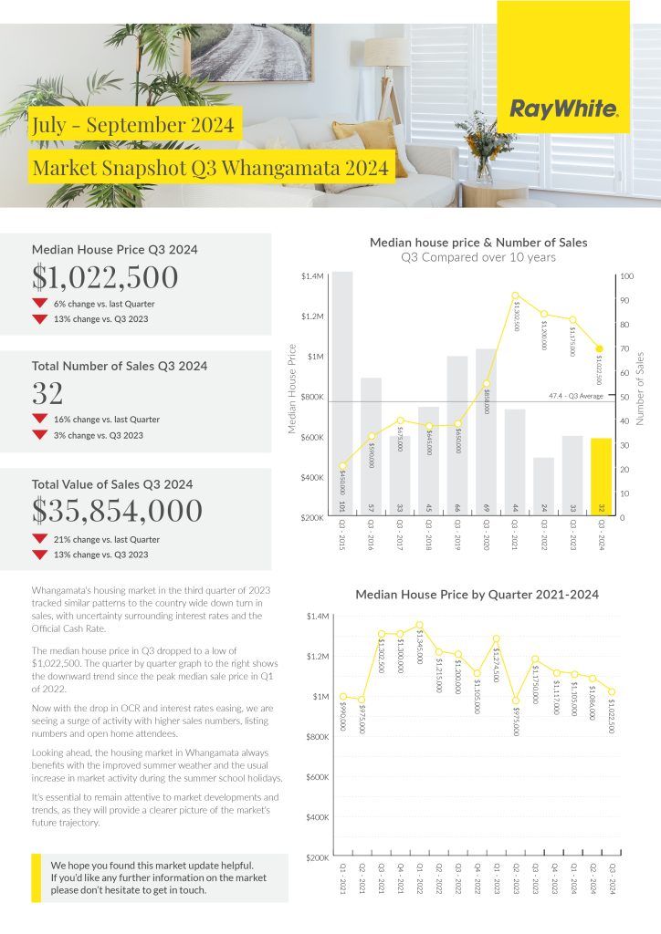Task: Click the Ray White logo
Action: [563, 110]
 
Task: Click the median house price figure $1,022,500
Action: [105, 277]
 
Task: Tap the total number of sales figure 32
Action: [47, 393]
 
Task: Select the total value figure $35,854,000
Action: [117, 511]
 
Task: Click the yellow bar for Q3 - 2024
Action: [600, 477]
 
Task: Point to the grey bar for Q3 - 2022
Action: [543, 487]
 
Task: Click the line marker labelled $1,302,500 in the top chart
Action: [515, 296]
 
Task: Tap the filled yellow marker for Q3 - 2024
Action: [600, 348]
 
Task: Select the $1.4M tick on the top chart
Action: [311, 275]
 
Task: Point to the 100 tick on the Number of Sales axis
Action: [625, 275]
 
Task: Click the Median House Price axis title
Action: [292, 388]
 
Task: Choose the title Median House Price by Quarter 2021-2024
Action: [477, 595]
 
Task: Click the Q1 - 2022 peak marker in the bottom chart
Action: [419, 626]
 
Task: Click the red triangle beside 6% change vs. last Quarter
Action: [39, 304]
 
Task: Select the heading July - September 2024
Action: [132, 124]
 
